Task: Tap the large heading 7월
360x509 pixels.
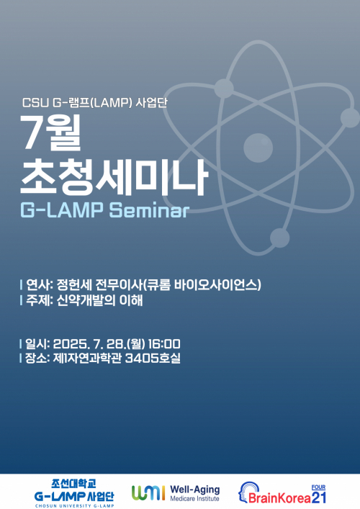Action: (x=53, y=133)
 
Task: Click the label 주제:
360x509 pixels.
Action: (x=40, y=301)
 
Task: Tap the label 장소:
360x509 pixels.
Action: (x=40, y=358)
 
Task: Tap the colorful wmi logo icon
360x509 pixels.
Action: (x=148, y=492)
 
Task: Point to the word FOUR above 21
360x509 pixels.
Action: (x=318, y=486)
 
